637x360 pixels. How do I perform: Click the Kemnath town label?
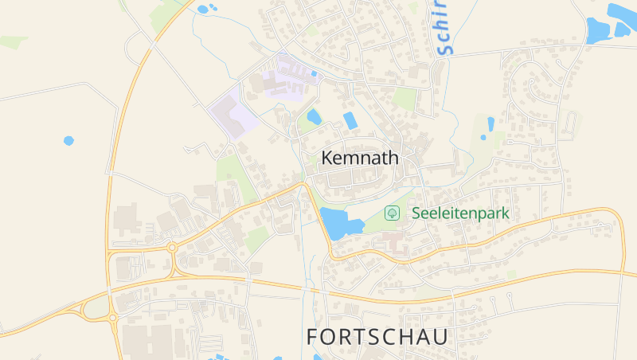point(359,158)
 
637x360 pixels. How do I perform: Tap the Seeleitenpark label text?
point(460,213)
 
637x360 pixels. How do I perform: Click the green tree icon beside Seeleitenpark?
point(392,213)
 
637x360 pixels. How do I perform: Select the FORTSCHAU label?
point(377,337)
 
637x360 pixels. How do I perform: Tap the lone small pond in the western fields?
point(68,141)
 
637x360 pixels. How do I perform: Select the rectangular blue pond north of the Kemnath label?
point(350,120)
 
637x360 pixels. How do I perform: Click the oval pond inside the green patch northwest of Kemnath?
point(314,117)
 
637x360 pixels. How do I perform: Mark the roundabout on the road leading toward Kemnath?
point(172,248)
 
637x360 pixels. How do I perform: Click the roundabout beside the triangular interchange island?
point(112,318)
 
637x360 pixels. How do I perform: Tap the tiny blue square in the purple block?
point(315,74)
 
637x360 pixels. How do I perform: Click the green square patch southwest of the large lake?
point(256,238)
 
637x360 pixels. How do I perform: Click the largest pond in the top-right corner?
point(597,30)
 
